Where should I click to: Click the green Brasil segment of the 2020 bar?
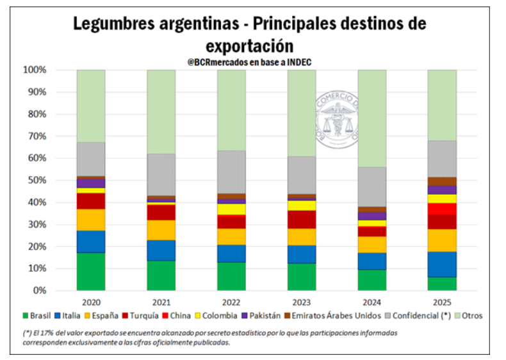pyautogui.click(x=91, y=271)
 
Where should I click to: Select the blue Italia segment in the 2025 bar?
pyautogui.click(x=442, y=264)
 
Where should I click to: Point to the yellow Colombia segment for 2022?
pyautogui.click(x=231, y=209)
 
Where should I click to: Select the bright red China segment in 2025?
pyautogui.click(x=442, y=209)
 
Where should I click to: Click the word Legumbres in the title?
pyautogui.click(x=112, y=24)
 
